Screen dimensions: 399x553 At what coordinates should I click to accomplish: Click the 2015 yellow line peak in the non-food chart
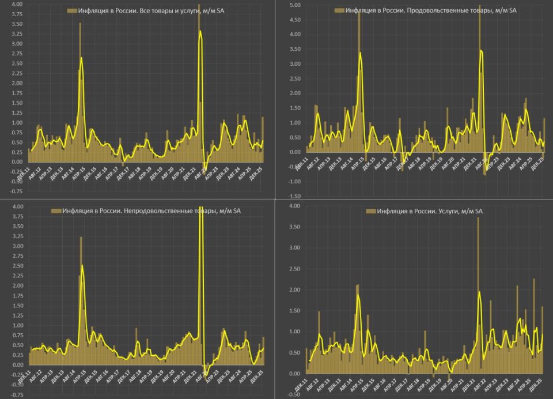(82, 266)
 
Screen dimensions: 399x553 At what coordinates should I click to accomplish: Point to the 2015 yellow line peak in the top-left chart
(81, 58)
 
